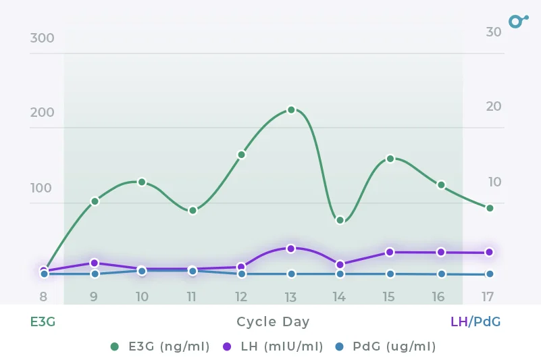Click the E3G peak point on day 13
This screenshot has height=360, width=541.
pyautogui.click(x=291, y=109)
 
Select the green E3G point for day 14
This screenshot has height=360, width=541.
pyautogui.click(x=340, y=220)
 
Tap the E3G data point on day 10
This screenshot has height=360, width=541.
pyautogui.click(x=142, y=182)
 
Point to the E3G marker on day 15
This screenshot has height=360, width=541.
pyautogui.click(x=390, y=159)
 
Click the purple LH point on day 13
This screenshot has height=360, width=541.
pyautogui.click(x=291, y=249)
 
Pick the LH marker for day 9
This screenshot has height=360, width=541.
pyautogui.click(x=95, y=263)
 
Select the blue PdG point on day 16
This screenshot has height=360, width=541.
pyautogui.click(x=441, y=274)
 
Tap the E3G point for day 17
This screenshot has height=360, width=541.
pyautogui.click(x=490, y=208)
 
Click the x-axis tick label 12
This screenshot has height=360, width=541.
pyautogui.click(x=241, y=297)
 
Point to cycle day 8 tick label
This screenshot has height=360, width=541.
pyautogui.click(x=43, y=297)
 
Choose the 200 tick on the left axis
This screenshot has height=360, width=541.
pyautogui.click(x=42, y=112)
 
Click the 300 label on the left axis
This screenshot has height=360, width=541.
pyautogui.click(x=42, y=38)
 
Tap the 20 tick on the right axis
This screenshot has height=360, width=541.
pyautogui.click(x=494, y=106)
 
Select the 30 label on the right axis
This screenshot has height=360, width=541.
pyautogui.click(x=494, y=32)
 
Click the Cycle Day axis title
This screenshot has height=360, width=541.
pyautogui.click(x=273, y=322)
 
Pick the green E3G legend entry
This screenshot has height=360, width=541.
pyautogui.click(x=160, y=346)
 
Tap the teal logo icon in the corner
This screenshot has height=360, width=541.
pyautogui.click(x=517, y=21)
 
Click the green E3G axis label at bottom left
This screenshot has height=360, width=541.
pyautogui.click(x=43, y=322)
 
